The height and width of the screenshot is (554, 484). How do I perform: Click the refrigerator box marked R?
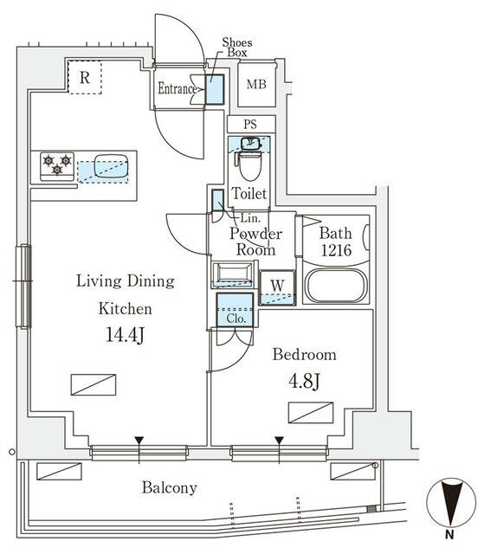pos(85,78)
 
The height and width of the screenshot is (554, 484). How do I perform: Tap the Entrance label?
pos(177,88)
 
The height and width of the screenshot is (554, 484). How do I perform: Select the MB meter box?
pos(256,85)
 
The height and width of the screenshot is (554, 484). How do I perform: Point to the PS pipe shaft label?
pos(250,125)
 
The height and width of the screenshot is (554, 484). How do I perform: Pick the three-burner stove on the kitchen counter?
pos(57,164)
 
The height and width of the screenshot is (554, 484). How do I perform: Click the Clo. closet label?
pos(235,318)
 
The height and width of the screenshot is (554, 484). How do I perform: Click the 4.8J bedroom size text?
pos(304,380)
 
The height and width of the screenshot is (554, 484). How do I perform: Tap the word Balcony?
pos(170,487)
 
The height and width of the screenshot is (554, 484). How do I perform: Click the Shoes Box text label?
pos(236,47)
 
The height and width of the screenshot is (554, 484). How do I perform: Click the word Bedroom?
pos(304,354)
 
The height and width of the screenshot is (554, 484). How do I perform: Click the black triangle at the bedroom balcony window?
pos(279,441)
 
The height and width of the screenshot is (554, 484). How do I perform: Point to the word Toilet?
pos(249,194)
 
